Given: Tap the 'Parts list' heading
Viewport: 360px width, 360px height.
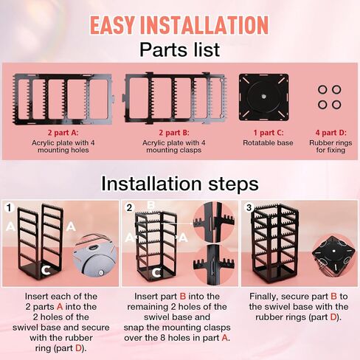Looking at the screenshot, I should point(179,50).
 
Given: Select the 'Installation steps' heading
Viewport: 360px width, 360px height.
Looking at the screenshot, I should point(179,183).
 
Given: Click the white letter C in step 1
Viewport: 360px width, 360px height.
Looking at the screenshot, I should point(46,271).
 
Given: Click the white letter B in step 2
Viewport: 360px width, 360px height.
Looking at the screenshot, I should point(150,205).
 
